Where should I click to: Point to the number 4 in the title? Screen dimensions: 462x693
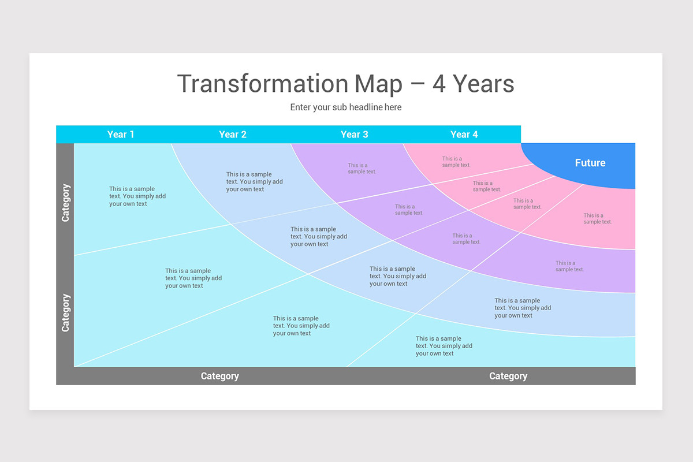(439, 84)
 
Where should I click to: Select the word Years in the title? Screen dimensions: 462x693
(483, 84)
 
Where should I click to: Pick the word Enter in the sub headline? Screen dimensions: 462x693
(301, 107)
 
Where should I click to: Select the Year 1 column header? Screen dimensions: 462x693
(121, 135)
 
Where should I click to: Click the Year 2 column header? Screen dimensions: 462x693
(233, 135)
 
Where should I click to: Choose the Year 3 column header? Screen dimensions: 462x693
(354, 135)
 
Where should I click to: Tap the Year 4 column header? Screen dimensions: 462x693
(464, 135)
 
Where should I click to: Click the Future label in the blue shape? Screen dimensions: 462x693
(590, 163)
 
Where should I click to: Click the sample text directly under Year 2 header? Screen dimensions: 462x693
(254, 181)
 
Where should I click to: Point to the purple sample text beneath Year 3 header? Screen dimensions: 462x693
(362, 168)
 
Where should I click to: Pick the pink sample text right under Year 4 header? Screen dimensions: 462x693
(456, 162)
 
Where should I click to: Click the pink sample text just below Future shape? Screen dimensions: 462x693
(597, 218)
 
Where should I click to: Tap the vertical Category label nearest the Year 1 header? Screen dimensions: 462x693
(65, 203)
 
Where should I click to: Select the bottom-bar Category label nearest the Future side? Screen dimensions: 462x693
(508, 376)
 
